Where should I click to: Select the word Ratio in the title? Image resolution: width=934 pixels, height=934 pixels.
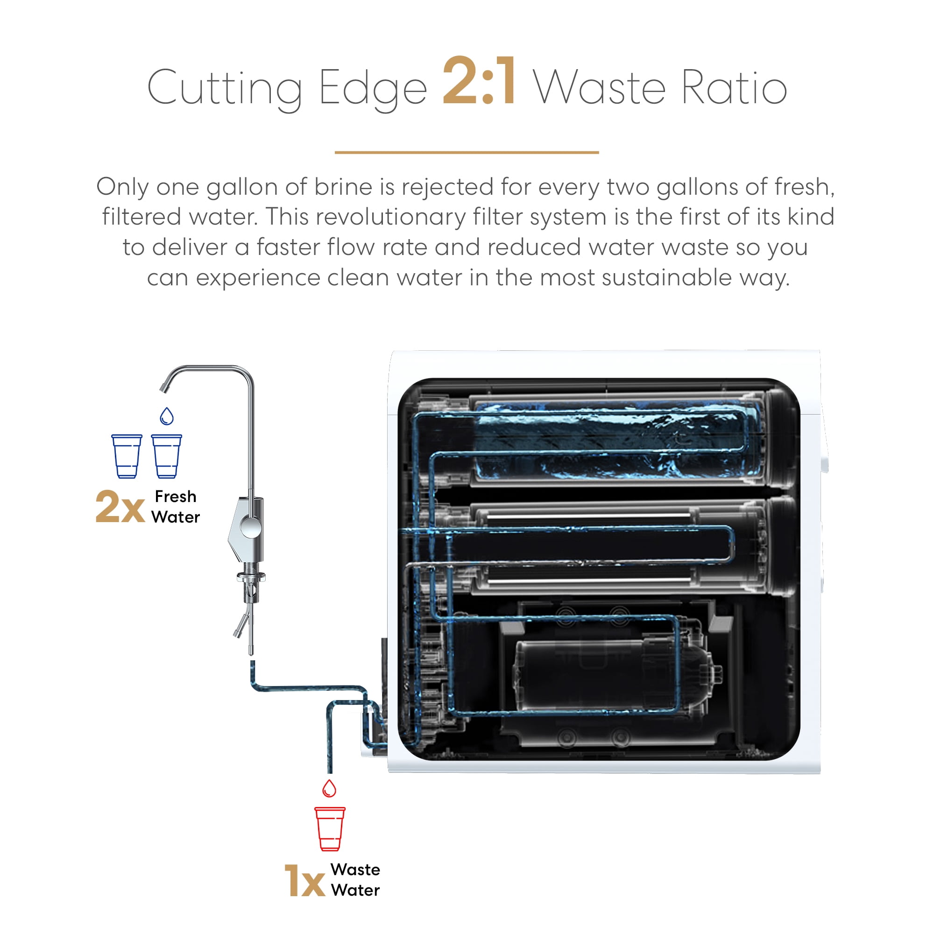coord(734,87)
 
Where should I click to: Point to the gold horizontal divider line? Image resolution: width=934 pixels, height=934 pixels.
coord(467,152)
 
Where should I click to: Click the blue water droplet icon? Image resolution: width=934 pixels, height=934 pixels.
coord(167,416)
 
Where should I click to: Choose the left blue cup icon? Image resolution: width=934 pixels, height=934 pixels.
coord(127,456)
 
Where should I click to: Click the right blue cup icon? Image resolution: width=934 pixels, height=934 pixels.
coord(166,456)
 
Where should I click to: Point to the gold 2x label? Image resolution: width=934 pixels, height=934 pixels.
coord(120,507)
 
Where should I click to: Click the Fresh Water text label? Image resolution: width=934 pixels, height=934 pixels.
coord(176,507)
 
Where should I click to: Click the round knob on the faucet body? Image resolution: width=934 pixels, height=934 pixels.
coord(250,526)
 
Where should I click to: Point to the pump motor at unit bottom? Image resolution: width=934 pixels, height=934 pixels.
coord(614,677)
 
